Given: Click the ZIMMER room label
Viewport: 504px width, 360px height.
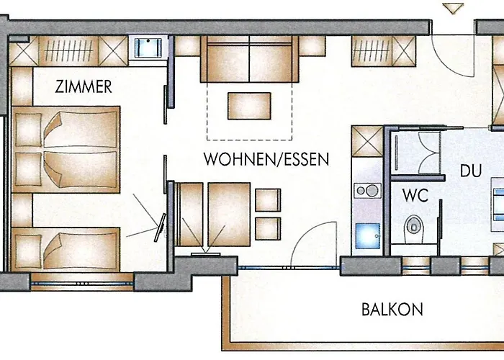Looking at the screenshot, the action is click(x=84, y=87).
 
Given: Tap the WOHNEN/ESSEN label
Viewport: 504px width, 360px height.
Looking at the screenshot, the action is click(x=266, y=159).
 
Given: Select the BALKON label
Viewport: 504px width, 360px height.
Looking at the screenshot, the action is click(x=392, y=310).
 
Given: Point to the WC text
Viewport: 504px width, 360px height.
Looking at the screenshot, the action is click(x=415, y=195).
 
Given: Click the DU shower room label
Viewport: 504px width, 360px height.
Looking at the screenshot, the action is click(x=471, y=171).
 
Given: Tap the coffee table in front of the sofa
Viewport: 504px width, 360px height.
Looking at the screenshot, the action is click(x=249, y=106).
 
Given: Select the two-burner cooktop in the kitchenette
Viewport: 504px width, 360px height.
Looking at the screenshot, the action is click(x=368, y=191).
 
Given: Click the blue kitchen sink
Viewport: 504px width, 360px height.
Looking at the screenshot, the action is click(x=368, y=235).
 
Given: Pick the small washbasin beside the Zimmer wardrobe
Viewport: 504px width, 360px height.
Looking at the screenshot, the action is click(x=148, y=47).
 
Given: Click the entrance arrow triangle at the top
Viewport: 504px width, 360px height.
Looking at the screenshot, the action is click(x=453, y=9).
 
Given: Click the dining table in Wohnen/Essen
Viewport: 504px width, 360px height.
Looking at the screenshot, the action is click(x=229, y=215).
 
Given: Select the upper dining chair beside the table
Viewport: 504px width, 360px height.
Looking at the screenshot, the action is click(x=268, y=200).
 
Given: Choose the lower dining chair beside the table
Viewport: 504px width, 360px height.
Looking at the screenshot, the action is click(x=268, y=228).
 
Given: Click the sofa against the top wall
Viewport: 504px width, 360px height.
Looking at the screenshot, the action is click(x=249, y=59).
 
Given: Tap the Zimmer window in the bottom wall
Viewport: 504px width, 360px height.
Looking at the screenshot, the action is click(x=82, y=284).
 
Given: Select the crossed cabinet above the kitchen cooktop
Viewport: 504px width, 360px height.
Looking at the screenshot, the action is click(x=367, y=141).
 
